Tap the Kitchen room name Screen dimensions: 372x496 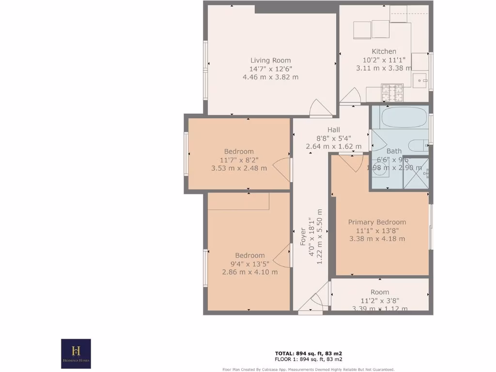384,51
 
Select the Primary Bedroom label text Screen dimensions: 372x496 377,222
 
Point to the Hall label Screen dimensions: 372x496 333,130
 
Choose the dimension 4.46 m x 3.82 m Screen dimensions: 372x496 270,77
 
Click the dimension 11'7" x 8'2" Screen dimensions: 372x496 239,160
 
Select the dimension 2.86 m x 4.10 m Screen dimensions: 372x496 249,272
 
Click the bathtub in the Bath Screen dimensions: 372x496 403,117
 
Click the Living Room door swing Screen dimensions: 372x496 319,108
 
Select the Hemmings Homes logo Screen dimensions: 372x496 76,353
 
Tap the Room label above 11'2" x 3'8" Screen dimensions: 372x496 380,292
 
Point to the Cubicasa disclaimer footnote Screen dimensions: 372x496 309,369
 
